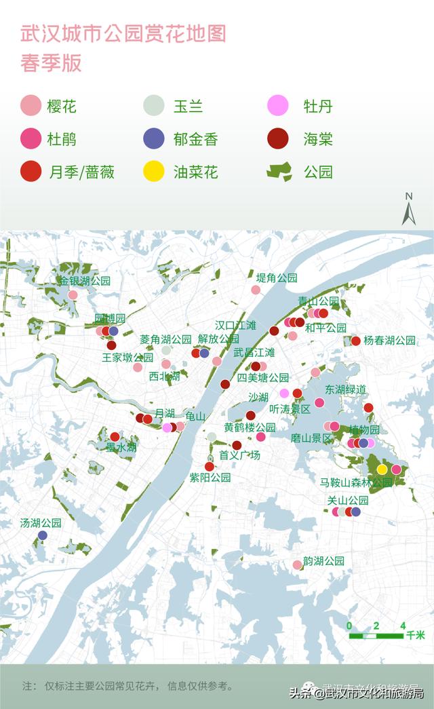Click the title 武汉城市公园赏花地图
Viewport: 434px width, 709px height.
tap(123, 34)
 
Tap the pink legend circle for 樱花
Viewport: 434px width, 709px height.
tap(31, 107)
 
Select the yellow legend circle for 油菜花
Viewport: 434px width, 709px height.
tap(154, 172)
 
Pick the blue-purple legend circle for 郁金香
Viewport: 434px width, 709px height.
tap(154, 139)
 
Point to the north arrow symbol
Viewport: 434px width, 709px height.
tap(408, 210)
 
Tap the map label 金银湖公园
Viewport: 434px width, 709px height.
tap(84, 280)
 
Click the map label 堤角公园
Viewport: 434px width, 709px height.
tap(277, 277)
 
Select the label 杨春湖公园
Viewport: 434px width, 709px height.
tap(389, 341)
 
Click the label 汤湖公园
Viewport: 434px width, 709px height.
tap(41, 523)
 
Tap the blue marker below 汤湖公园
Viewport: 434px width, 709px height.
tap(43, 535)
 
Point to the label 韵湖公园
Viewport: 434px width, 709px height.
tap(323, 561)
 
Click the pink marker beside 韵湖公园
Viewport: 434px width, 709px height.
tap(297, 564)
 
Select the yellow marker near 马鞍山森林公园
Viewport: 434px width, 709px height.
tap(382, 470)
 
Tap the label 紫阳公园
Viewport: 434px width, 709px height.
tap(210, 478)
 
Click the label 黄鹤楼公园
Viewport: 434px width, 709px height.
tap(250, 427)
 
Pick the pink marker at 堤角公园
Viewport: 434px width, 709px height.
tap(256, 290)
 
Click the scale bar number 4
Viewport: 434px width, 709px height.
tap(403, 626)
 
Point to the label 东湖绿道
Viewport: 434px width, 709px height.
tap(346, 389)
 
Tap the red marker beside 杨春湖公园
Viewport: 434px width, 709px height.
tap(355, 341)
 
